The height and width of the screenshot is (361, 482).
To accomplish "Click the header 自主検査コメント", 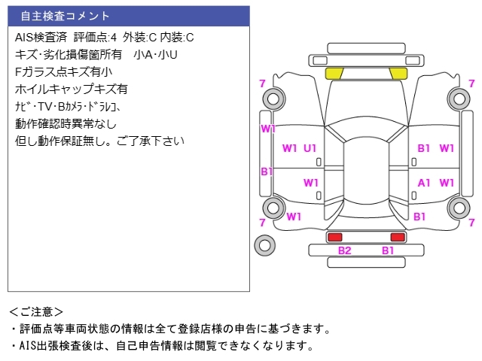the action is (66, 16).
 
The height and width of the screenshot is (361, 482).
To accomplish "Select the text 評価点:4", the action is (96, 38).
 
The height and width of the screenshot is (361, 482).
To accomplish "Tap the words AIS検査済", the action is (41, 38).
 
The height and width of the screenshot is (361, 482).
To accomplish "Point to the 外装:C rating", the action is (139, 38).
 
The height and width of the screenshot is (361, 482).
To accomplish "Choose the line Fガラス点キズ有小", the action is (63, 72).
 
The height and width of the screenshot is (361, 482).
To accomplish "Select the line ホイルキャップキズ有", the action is (72, 89).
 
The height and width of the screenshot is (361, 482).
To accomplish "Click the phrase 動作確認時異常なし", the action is (66, 123).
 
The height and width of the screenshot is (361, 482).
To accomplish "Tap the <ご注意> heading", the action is (36, 312).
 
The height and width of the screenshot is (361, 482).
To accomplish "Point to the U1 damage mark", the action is (310, 148).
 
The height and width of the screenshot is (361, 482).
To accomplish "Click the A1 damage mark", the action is (423, 183).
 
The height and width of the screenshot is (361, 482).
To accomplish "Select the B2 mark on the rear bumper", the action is (345, 250).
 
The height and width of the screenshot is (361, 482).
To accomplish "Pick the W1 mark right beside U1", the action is (289, 148).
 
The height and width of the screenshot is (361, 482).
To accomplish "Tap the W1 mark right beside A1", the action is (447, 183).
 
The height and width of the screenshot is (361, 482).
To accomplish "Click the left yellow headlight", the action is (334, 74).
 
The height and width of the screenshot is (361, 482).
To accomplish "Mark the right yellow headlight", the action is (398, 74).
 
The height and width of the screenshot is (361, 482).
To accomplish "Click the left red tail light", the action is (335, 237).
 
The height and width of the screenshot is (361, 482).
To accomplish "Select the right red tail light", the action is (398, 237).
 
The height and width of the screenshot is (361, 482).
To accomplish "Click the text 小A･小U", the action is (156, 55).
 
